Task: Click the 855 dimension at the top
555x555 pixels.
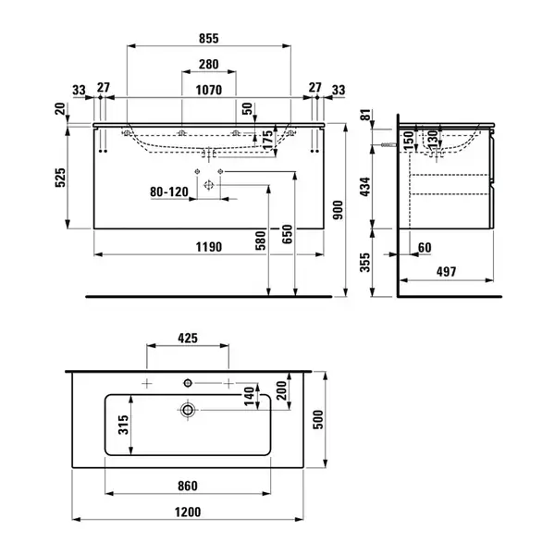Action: click(209, 38)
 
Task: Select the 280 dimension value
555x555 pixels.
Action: click(209, 65)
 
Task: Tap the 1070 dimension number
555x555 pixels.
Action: click(209, 91)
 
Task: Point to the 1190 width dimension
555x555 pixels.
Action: click(209, 247)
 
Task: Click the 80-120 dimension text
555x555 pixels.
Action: click(169, 191)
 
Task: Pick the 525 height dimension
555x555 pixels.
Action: click(60, 178)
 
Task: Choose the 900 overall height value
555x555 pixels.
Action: click(338, 210)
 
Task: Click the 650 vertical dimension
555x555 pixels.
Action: click(288, 234)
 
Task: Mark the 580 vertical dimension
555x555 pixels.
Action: click(261, 240)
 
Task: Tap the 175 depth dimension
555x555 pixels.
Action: click(268, 140)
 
